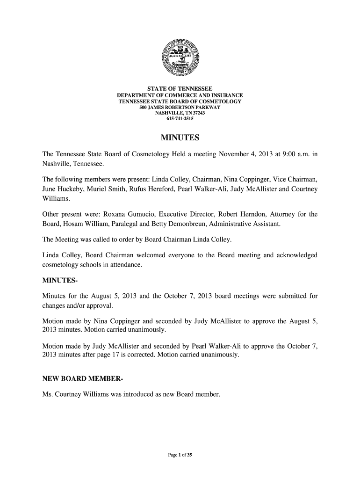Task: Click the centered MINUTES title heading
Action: pos(180,138)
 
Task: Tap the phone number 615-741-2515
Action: pos(180,119)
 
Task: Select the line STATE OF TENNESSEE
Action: pos(180,89)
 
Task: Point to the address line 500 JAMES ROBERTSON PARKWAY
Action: pos(180,108)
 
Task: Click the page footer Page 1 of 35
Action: pos(180,458)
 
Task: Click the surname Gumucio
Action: pos(147,215)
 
